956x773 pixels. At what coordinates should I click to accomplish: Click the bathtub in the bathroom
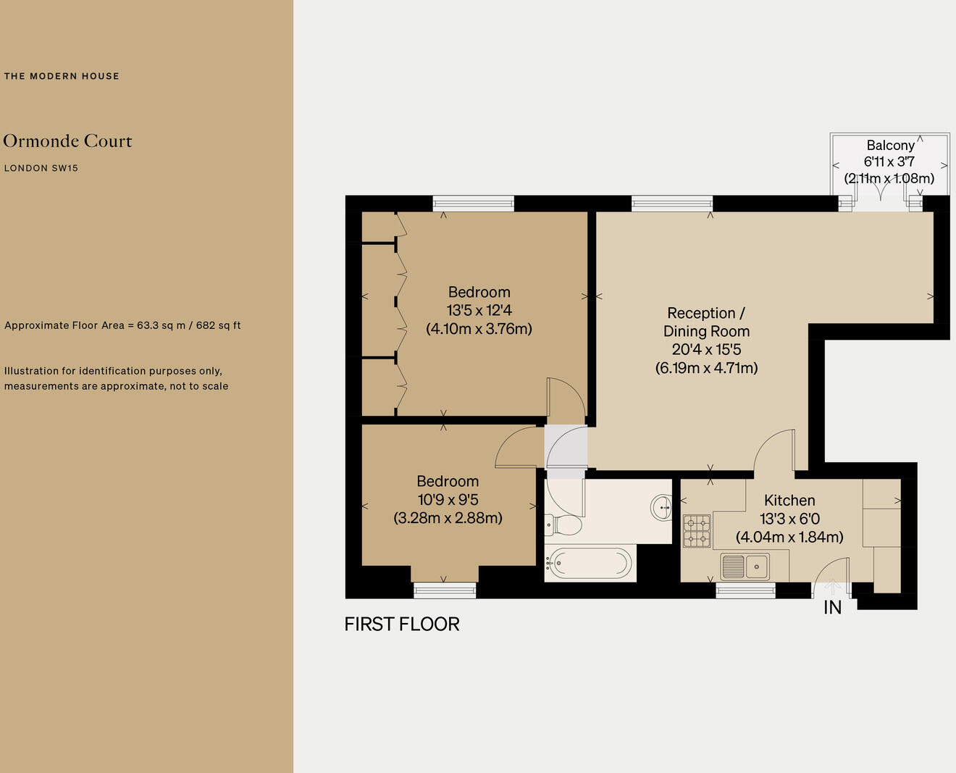tap(590, 562)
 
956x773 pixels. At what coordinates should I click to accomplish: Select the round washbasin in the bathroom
tap(661, 506)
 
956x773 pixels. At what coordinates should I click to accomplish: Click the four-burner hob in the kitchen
tap(697, 530)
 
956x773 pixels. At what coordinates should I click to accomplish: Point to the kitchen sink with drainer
tap(745, 566)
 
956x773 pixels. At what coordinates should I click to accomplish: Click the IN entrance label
tap(832, 608)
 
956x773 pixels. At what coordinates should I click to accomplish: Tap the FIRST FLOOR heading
tap(401, 624)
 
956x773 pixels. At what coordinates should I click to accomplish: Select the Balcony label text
tap(890, 145)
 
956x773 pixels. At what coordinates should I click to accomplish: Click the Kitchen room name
tap(789, 500)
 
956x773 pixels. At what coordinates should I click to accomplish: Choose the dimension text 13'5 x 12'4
tap(479, 310)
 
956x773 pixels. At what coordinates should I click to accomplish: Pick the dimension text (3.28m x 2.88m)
tap(448, 518)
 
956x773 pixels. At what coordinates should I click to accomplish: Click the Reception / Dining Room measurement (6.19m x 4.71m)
tap(706, 367)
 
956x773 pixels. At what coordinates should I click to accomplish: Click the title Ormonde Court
tap(67, 141)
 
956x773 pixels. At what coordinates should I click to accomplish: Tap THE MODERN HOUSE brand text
tap(62, 76)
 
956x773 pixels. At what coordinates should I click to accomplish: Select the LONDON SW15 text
tap(41, 168)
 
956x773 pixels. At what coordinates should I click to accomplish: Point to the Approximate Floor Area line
tap(122, 325)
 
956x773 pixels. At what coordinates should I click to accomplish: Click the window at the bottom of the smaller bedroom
tap(445, 590)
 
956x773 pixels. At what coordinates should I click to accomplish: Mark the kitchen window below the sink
tap(745, 591)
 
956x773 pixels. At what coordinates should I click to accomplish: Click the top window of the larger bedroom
tap(473, 204)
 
